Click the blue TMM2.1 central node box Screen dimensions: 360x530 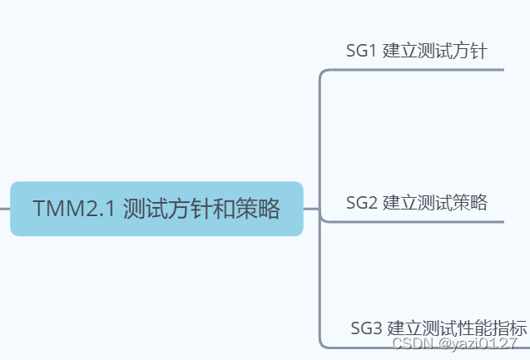point(156,209)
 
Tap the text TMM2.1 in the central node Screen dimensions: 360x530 point(73,209)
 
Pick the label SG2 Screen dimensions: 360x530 point(362,203)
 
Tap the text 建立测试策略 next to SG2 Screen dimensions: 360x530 point(434,203)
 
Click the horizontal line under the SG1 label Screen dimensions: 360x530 point(416,71)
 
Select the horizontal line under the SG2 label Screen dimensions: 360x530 point(416,222)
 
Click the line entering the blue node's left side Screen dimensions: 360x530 point(5,209)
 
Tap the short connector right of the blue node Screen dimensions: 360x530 point(311,209)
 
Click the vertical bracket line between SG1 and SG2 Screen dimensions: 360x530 point(320,141)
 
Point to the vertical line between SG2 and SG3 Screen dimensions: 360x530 point(320,283)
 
